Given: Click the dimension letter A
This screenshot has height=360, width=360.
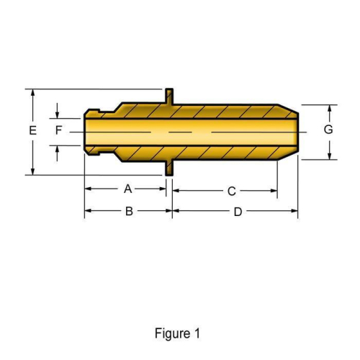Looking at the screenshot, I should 127,189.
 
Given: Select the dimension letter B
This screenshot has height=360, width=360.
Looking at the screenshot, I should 128,211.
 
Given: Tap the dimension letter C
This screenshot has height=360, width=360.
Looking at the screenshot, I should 231,192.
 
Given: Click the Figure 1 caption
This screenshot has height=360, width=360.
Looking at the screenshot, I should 177,333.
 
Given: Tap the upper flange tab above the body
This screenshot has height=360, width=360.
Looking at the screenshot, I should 169,96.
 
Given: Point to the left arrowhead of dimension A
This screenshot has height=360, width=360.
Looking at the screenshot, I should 89,189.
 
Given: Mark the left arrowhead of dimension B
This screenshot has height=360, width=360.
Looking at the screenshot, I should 89,211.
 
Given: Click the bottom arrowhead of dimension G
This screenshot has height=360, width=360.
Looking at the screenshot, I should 329,155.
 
